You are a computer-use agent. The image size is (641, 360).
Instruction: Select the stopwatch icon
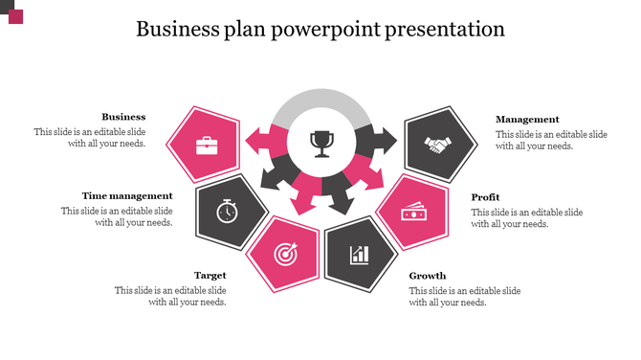pos(227,211)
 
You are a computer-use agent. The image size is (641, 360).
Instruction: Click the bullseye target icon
pos(284,254)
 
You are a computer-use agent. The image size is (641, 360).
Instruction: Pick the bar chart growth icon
pos(360,254)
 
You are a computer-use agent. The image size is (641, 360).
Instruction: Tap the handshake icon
pos(438,146)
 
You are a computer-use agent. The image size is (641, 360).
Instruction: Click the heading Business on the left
pos(123,117)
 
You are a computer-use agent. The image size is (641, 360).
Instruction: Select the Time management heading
pos(127,195)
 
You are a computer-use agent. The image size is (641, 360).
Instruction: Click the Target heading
pos(210,275)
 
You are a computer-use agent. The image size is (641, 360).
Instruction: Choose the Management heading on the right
pos(527,119)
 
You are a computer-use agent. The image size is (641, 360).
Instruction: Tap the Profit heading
pos(486,197)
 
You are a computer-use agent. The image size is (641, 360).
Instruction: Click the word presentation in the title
pos(445,30)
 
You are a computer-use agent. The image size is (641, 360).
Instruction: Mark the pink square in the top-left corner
pos(15,16)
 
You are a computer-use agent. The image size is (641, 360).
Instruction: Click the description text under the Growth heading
pos(465,296)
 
